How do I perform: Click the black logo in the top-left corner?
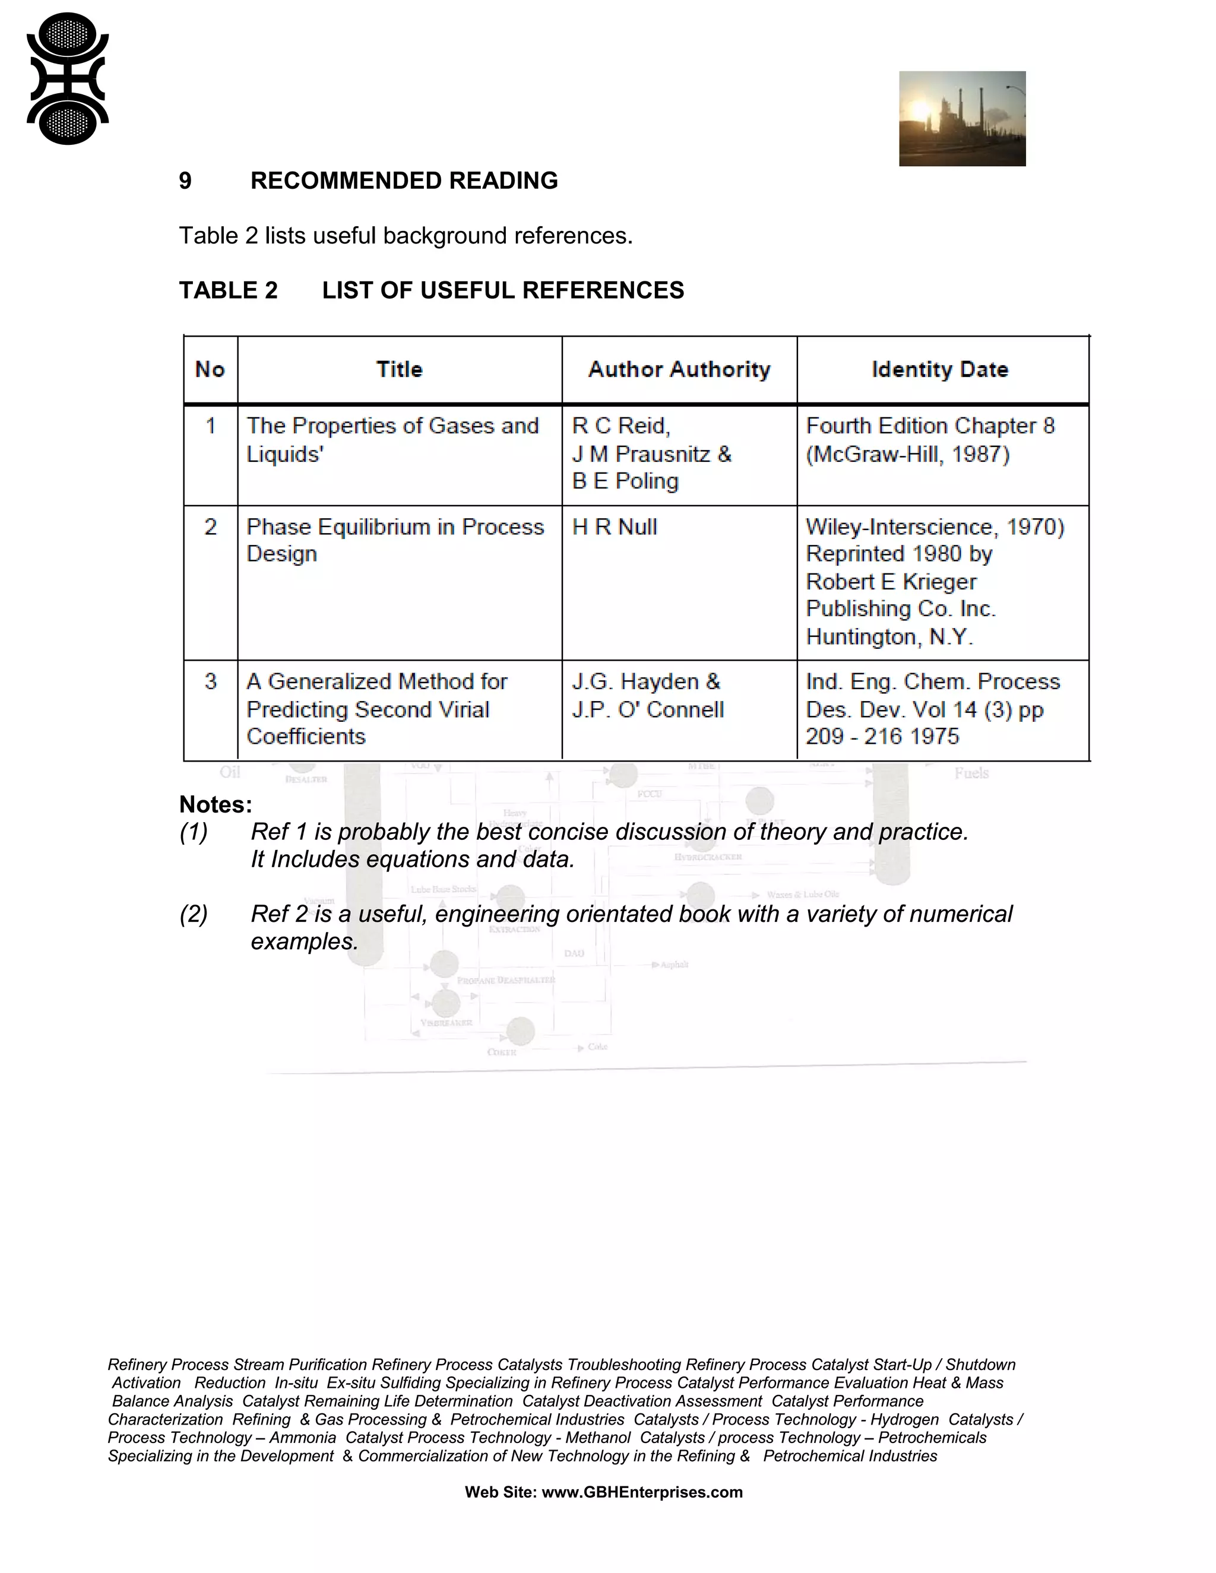coord(67,78)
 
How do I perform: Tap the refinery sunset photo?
coord(962,119)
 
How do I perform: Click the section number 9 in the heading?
coord(185,181)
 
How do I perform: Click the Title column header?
coord(399,369)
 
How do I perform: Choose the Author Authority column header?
coord(679,369)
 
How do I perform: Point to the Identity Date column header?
coord(939,369)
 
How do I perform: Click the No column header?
coord(210,369)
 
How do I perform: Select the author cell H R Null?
coord(615,527)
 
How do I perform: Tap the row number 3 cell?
coord(210,681)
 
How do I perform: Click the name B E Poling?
coord(625,481)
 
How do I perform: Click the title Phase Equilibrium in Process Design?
coord(395,540)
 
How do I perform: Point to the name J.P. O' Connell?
coord(648,709)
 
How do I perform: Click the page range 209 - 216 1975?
coord(882,737)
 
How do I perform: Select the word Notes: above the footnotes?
coord(216,804)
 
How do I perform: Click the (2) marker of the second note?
coord(194,914)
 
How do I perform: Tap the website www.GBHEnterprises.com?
coord(641,1492)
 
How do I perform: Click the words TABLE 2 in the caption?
coord(229,290)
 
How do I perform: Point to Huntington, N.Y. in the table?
coord(889,637)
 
